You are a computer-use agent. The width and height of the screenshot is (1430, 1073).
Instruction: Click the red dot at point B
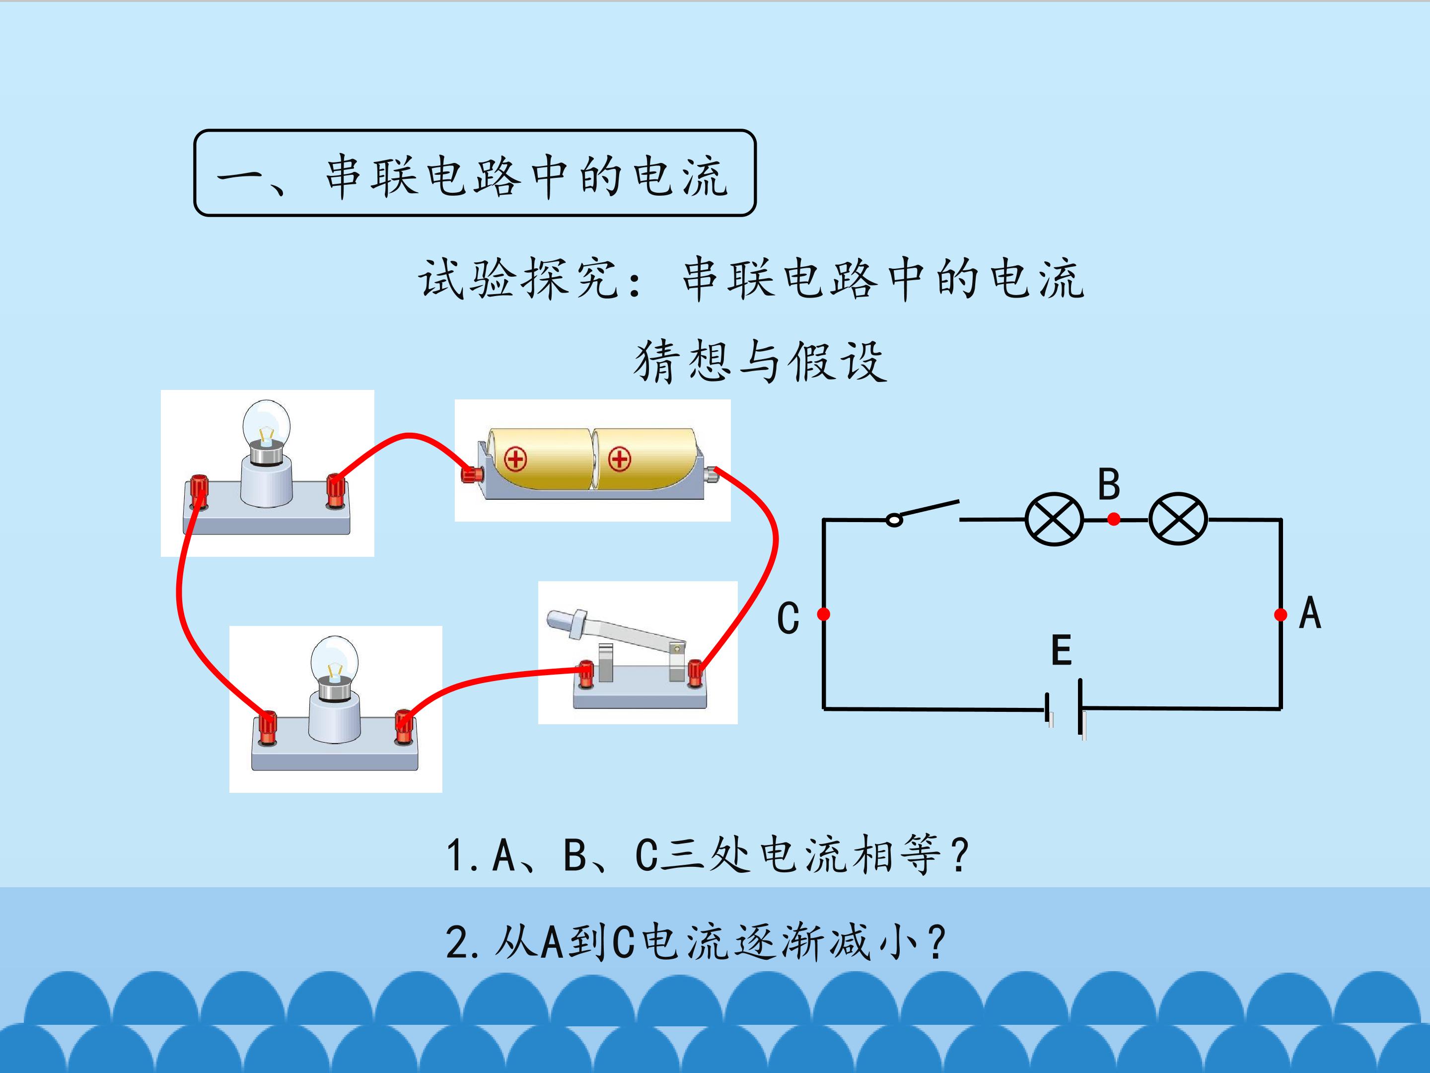click(1113, 519)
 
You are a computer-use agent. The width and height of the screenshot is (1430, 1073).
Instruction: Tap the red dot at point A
click(1280, 614)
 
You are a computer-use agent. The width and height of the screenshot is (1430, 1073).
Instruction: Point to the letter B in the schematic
click(1109, 484)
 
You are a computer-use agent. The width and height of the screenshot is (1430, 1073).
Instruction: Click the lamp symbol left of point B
click(1055, 519)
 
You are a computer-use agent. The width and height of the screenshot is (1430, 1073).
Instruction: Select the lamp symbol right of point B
click(1178, 519)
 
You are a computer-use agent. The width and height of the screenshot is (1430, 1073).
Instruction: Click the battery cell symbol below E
click(1064, 709)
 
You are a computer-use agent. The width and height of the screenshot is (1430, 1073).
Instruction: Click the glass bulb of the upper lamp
click(266, 424)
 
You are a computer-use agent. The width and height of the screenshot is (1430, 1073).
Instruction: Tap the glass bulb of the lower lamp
click(334, 660)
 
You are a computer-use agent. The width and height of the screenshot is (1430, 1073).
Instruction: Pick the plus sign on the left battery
click(515, 460)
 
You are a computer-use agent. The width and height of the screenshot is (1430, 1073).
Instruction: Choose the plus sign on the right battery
click(619, 460)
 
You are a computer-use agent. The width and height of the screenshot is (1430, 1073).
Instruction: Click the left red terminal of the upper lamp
click(199, 492)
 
